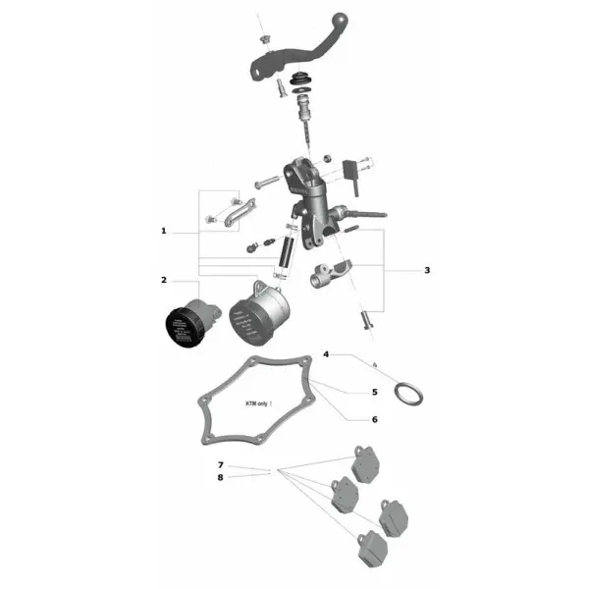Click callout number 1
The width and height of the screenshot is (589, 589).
[164, 232]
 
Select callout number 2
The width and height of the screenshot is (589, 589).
[164, 280]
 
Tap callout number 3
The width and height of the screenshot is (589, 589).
[427, 269]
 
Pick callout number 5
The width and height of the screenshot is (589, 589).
[374, 392]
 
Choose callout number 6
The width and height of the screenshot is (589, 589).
[374, 419]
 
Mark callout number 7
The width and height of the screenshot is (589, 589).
[221, 464]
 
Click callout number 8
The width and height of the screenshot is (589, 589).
[221, 477]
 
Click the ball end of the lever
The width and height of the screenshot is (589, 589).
[344, 20]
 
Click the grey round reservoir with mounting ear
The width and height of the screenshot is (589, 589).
[258, 314]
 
